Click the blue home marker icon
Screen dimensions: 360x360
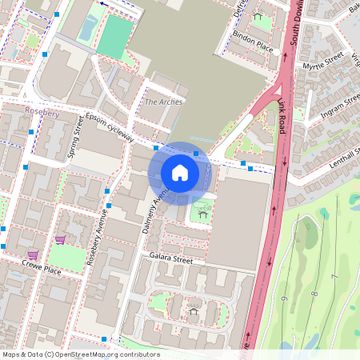click(180, 173)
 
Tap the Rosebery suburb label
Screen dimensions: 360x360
click(42, 114)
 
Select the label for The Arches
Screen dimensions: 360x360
click(163, 102)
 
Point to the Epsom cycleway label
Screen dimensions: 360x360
click(110, 126)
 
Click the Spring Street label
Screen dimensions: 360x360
click(77, 136)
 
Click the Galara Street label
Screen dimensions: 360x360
click(171, 259)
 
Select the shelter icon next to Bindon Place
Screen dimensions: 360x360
click(258, 16)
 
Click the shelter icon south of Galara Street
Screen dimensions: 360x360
click(193, 310)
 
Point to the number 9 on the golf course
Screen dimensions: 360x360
click(283, 298)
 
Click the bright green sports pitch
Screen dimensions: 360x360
click(117, 37)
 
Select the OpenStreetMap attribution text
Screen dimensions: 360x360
click(81, 354)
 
